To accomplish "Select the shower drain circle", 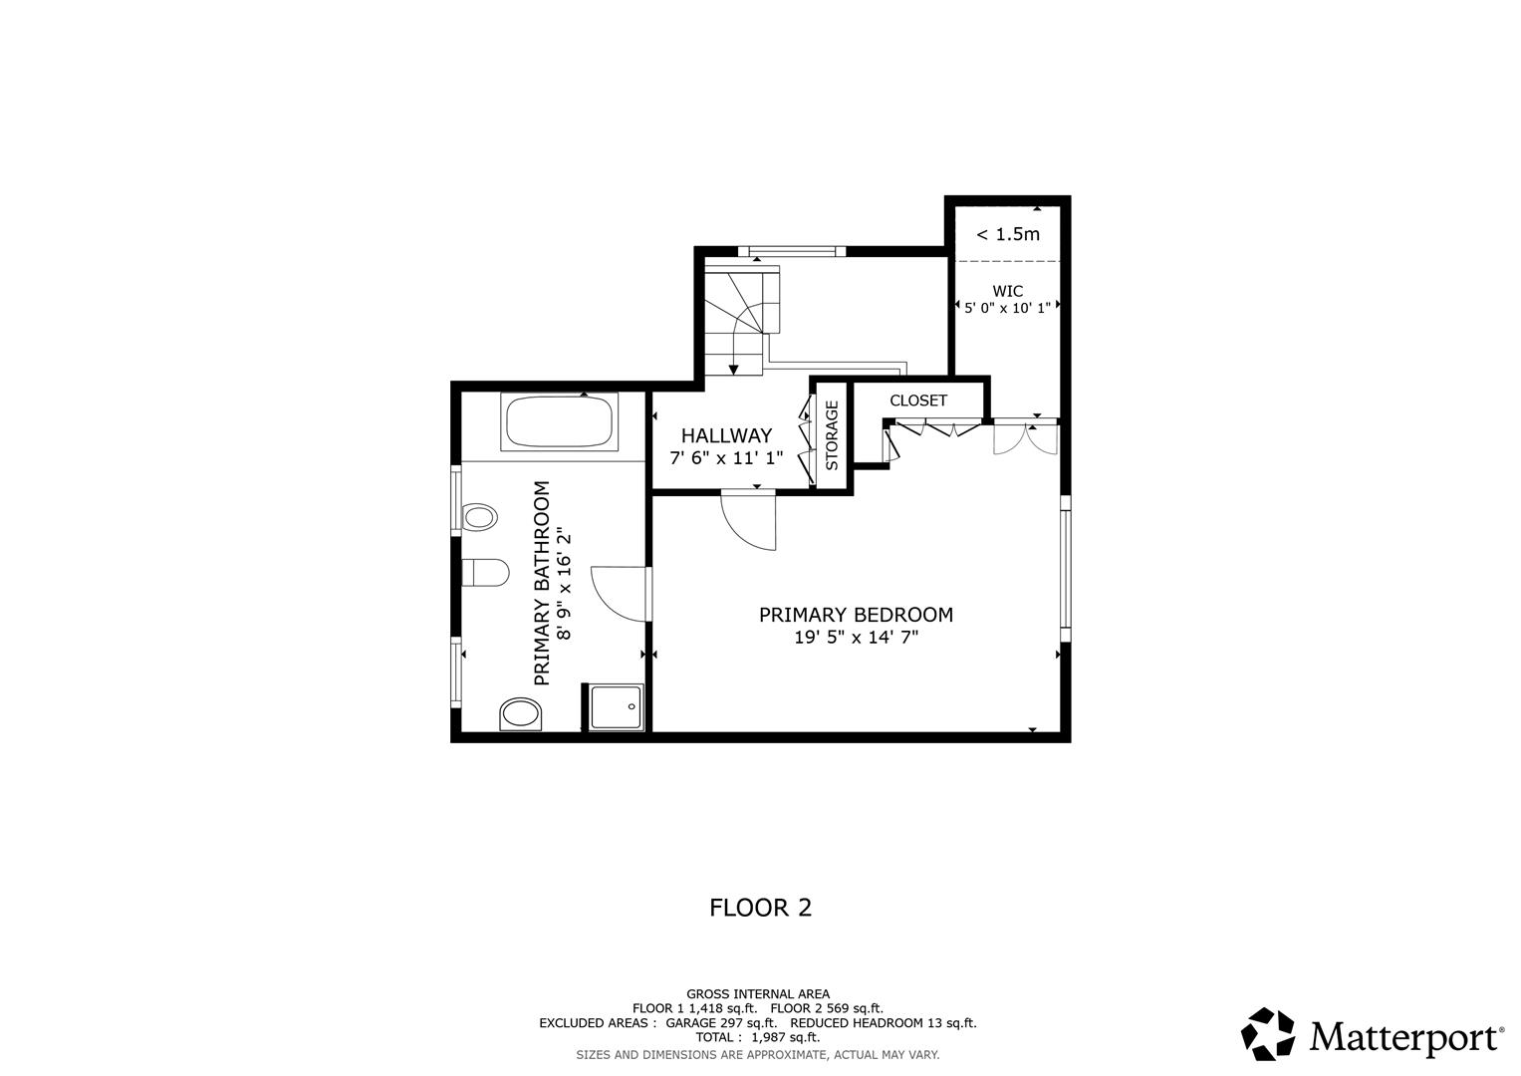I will tap(632, 705).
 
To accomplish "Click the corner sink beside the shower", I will tap(520, 713).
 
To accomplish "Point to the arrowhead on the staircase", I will tap(734, 370).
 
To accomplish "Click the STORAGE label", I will tap(832, 435).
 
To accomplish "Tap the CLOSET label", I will tap(918, 401).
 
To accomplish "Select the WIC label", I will tap(1007, 291).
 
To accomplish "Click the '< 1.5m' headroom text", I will tap(1007, 234).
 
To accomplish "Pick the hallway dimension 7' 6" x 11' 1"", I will tap(726, 457).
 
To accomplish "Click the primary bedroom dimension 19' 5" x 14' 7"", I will tap(856, 638).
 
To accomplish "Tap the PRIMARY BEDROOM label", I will tap(856, 615).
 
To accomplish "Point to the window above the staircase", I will tap(793, 251).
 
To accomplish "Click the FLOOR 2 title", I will tap(760, 908).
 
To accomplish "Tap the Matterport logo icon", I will tap(1267, 1034).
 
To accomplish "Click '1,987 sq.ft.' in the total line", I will tap(785, 1037).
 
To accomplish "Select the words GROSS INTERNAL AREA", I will tap(757, 993).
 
